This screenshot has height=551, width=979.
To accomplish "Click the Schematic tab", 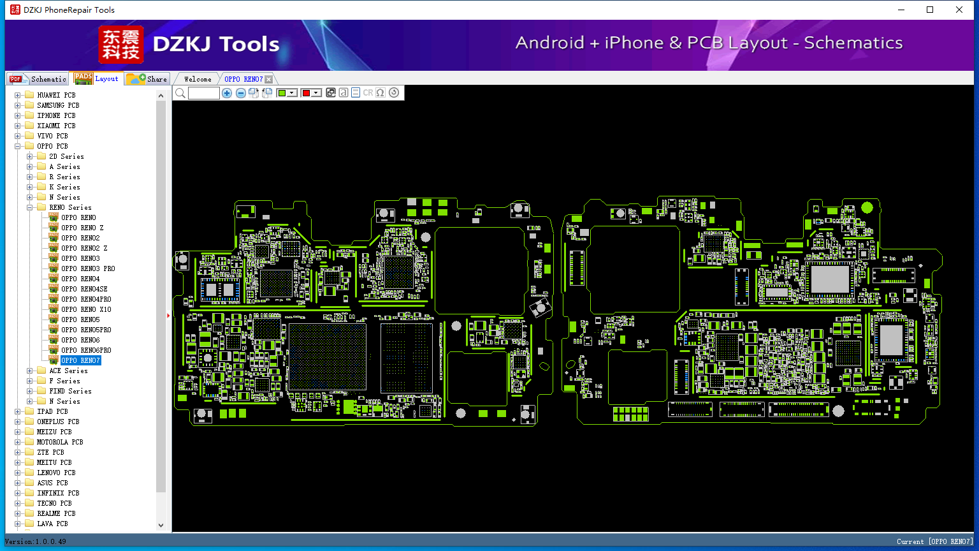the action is click(38, 78).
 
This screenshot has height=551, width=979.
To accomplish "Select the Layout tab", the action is click(97, 78).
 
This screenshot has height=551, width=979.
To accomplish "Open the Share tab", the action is click(147, 78).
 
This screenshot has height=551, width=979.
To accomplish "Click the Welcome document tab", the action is click(198, 79).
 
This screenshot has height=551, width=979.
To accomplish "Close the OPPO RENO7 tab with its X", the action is click(269, 79).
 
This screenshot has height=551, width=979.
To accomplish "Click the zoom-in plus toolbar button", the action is click(226, 92).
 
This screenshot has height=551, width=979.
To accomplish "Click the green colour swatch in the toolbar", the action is click(282, 92).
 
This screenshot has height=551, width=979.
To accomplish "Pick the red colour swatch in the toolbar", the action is click(306, 92).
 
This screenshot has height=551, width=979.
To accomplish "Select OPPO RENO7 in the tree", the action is click(80, 360).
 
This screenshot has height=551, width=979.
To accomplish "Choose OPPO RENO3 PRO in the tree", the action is click(88, 268).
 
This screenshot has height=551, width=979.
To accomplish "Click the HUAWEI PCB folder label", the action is click(56, 95).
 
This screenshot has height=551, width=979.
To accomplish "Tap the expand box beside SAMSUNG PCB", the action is click(17, 105).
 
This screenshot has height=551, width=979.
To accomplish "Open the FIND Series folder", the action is click(70, 391).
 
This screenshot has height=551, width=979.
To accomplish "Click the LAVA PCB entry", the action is click(52, 524).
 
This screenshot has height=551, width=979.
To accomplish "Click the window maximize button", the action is click(930, 10).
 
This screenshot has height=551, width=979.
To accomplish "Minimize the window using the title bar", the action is click(901, 10).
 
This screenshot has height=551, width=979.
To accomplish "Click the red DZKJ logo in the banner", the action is click(120, 44).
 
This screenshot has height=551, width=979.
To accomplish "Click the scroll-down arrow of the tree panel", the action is click(161, 525).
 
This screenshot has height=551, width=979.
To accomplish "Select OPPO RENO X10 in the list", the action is click(86, 309).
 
